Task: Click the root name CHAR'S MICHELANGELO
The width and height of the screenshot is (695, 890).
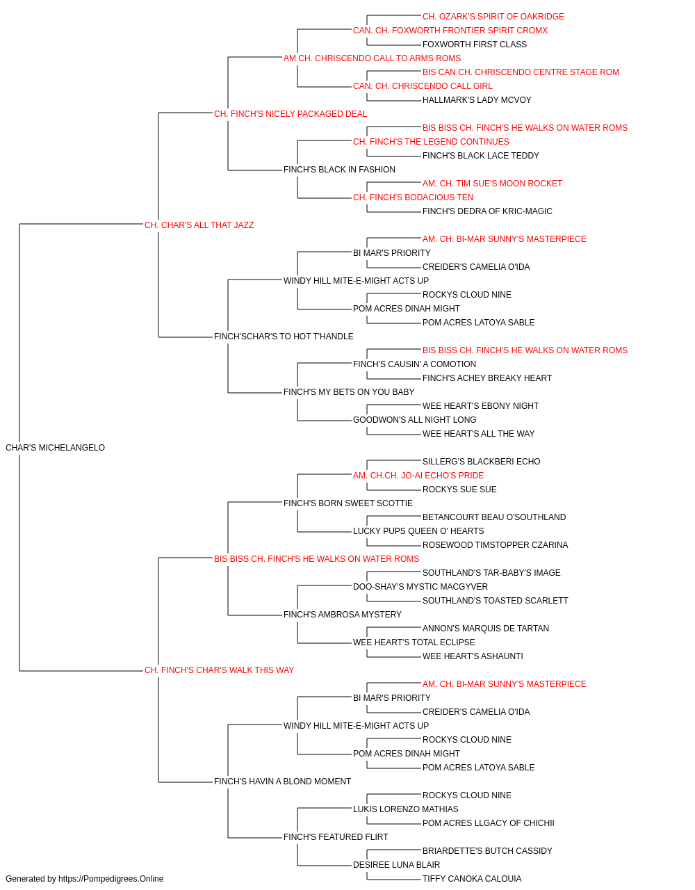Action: pos(56,448)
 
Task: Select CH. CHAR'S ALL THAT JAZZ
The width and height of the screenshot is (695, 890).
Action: pos(199,225)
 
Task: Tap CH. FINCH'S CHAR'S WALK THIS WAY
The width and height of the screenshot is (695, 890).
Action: pos(219,670)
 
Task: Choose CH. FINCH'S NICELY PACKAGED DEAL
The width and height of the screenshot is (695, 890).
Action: pos(291,114)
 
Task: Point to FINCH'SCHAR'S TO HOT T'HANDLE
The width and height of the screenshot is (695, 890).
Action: pos(284,337)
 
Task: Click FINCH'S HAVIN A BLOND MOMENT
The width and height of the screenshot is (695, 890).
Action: pos(282,782)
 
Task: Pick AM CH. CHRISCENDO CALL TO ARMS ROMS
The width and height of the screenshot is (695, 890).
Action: pos(372,58)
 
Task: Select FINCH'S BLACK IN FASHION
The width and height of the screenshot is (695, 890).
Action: pos(339,170)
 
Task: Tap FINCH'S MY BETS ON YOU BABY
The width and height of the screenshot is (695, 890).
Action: pos(349,392)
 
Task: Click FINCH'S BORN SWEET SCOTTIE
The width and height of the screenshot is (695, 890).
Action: pos(348,503)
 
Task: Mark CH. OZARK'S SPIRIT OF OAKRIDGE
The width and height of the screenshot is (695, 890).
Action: pos(493,17)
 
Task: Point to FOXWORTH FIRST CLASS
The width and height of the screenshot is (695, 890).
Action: pos(475,44)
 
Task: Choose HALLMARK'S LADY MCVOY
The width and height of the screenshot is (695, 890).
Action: pos(477,100)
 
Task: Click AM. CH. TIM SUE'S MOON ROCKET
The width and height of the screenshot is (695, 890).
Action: pos(492,184)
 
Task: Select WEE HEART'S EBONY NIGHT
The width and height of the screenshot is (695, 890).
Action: pos(480,406)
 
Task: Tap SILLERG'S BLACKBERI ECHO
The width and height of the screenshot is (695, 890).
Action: pos(481,462)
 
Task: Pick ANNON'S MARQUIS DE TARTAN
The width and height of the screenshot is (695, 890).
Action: pos(485,629)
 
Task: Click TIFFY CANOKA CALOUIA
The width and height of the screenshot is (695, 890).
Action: pos(472,879)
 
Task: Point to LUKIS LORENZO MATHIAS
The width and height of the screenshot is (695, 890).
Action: pos(406,809)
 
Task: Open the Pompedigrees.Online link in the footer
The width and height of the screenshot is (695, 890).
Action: pos(111,879)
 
